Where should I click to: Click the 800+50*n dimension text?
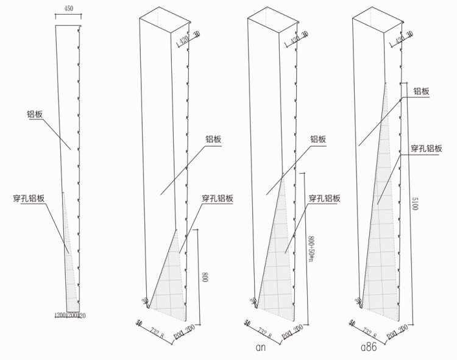[310, 249]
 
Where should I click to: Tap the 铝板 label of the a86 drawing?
[422, 91]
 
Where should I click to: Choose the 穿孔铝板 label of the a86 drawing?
[426, 148]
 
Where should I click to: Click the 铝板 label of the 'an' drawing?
[318, 139]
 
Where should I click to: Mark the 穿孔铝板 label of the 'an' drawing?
[324, 198]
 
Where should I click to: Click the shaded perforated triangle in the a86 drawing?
[381, 244]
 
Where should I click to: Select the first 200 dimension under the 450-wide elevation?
[60, 315]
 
